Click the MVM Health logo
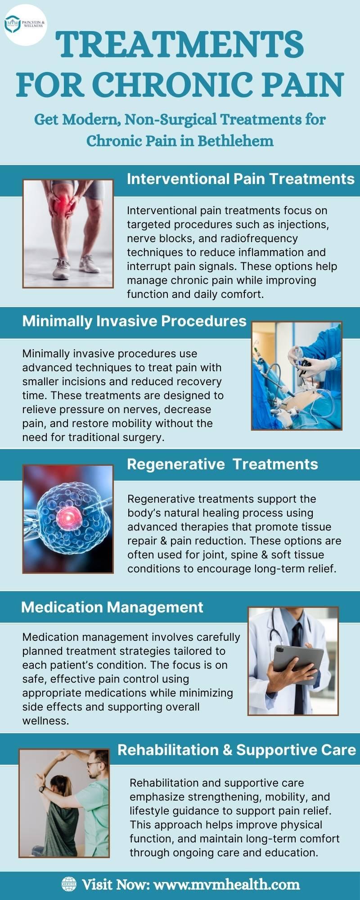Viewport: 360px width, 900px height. [25, 23]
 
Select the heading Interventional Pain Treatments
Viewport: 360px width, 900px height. [241, 179]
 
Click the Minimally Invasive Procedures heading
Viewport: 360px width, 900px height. [135, 321]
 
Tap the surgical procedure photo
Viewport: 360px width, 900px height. [297, 376]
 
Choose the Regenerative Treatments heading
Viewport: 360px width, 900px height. [223, 464]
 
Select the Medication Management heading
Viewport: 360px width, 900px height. [112, 607]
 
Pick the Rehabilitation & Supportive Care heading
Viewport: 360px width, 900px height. [237, 750]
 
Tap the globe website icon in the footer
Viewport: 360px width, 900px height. [69, 884]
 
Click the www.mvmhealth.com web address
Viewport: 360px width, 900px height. [227, 884]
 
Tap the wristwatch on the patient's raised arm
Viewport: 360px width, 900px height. [42, 789]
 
